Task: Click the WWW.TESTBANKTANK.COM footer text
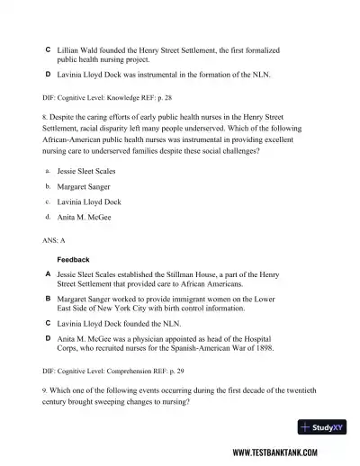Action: (x=284, y=453)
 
